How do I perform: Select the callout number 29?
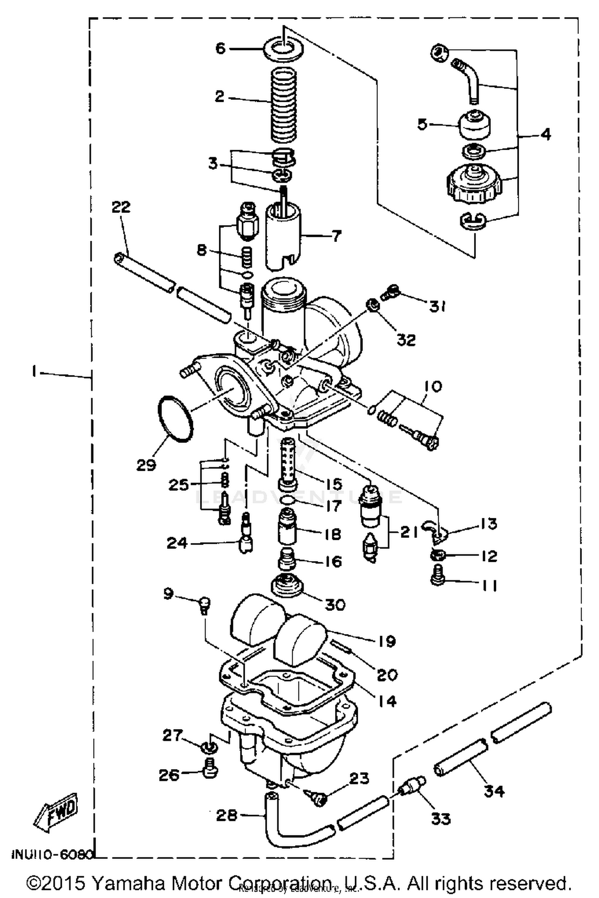point(146,464)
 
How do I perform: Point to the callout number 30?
point(335,605)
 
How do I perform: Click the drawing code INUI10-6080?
point(52,854)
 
